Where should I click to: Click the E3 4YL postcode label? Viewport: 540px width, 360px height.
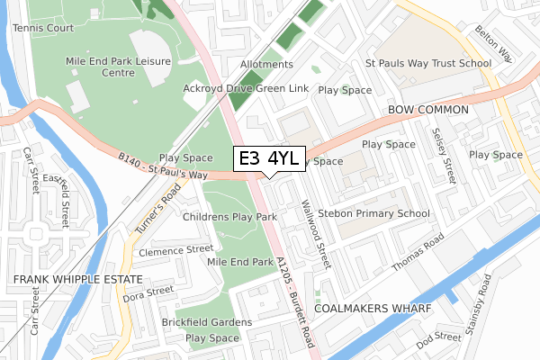click(270, 158)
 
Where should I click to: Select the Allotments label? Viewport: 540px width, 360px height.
click(267, 65)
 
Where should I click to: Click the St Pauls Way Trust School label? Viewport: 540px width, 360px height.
click(427, 63)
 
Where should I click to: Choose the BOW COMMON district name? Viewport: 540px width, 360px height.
click(428, 110)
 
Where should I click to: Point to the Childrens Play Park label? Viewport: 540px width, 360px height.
click(229, 218)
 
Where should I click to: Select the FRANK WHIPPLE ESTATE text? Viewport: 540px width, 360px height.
click(60, 281)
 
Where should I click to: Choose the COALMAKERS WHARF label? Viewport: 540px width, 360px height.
click(377, 309)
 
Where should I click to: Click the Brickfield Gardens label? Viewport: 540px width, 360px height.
click(207, 322)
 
